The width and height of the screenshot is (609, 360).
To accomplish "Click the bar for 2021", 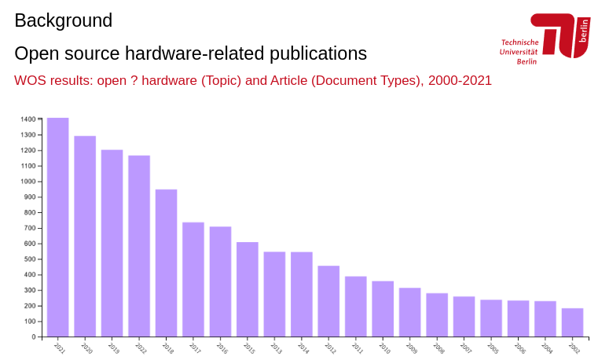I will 57,227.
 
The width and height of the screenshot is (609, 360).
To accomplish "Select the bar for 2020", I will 85,236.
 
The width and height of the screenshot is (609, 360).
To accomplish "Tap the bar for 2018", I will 166,263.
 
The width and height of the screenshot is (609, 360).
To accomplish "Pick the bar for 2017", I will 193,279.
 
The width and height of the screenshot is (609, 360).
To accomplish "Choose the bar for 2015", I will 247,289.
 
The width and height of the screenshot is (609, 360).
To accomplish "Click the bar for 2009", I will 409,312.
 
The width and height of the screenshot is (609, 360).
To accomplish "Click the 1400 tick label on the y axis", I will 28,119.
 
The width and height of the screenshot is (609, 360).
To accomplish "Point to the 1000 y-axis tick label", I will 28,182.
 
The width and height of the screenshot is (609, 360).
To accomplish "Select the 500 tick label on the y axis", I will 30,259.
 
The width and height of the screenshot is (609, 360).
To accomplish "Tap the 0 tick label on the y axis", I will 34,337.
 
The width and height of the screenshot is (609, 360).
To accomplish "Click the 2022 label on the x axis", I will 141,348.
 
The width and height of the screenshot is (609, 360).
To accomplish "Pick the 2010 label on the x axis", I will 384,348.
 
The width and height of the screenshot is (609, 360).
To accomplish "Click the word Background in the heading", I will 63,21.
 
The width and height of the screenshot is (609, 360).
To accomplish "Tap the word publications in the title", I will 318,53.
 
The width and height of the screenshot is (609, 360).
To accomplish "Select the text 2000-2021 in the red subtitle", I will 460,81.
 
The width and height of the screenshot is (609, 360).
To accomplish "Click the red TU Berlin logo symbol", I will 560,35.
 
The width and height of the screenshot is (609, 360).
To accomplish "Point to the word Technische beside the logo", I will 519,42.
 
